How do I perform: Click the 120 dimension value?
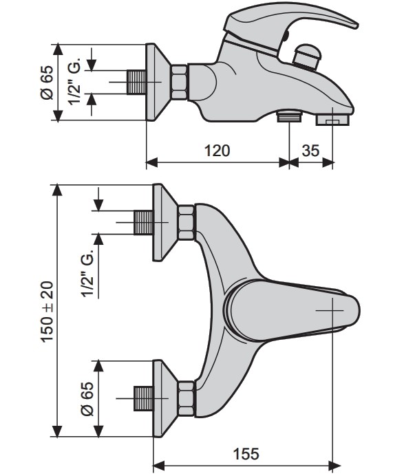[x=217, y=151]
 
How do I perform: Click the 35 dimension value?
[x=310, y=151]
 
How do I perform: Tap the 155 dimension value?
[x=246, y=455]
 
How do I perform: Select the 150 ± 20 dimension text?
[x=47, y=312]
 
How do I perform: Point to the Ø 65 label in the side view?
[x=47, y=83]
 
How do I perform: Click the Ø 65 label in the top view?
[x=87, y=398]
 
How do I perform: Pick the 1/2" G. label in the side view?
[x=74, y=80]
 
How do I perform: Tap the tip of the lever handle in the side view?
[x=357, y=26]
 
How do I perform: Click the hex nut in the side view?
[x=179, y=82]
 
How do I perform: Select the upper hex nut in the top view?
[x=186, y=222]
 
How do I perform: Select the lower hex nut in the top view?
[x=186, y=398]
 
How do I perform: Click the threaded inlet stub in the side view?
[x=136, y=82]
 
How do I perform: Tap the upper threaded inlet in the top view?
[x=143, y=222]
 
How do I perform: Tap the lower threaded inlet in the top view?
[x=143, y=398]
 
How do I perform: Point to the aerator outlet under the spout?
[x=332, y=120]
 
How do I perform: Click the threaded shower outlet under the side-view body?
[x=289, y=116]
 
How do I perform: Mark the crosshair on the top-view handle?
[x=332, y=310]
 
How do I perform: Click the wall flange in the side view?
[x=156, y=83]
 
